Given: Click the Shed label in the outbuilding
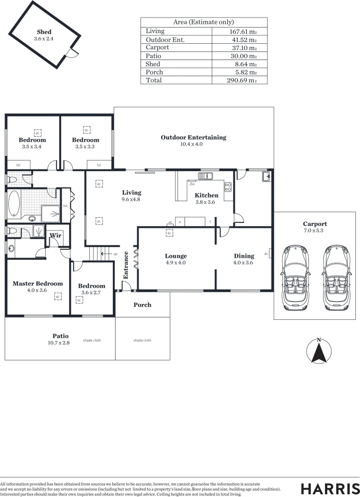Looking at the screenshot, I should [44, 32].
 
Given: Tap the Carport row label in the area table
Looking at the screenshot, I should [157, 47].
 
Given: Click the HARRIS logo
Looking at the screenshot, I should [330, 489].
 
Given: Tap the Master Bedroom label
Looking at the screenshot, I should [38, 283].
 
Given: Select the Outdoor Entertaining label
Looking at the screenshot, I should [193, 137].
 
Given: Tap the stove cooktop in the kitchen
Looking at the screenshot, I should [228, 187].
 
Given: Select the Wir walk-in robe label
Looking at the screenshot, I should [55, 236].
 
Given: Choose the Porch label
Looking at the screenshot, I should [142, 305].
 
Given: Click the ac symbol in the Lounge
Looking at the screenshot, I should [169, 233].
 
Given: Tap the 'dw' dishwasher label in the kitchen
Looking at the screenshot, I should [192, 184].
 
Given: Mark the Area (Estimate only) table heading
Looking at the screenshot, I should [203, 22].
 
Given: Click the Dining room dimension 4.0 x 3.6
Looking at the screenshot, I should [244, 263].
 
